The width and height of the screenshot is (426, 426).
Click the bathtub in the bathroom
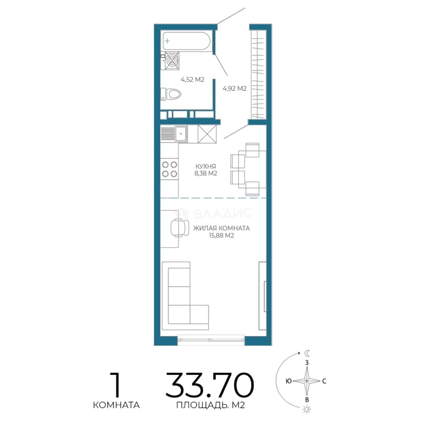pos(186,41)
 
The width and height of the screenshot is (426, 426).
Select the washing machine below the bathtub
pos(172,60)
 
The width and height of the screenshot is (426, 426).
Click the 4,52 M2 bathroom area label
pos(192,80)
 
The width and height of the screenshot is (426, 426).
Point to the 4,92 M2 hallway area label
pos(234,88)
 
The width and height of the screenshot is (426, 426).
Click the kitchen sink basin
pos(181,134)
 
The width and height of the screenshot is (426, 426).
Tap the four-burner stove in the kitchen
pos(170,169)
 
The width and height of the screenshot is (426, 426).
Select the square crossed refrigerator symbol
pos(207,134)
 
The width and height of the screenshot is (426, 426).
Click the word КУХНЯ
pos(206,166)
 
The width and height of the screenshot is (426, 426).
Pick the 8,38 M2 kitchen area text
pos(206,173)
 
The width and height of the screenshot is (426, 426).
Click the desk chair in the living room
pos(179,228)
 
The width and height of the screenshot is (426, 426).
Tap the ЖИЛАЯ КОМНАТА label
pos(221,228)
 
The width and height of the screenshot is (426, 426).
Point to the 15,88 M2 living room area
pos(221,235)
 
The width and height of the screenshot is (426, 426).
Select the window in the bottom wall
pos(211,339)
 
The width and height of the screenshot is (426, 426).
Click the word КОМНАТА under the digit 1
pos(116,405)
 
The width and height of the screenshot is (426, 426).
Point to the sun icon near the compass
pos(307,409)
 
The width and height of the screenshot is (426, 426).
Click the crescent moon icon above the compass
pos(307,353)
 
